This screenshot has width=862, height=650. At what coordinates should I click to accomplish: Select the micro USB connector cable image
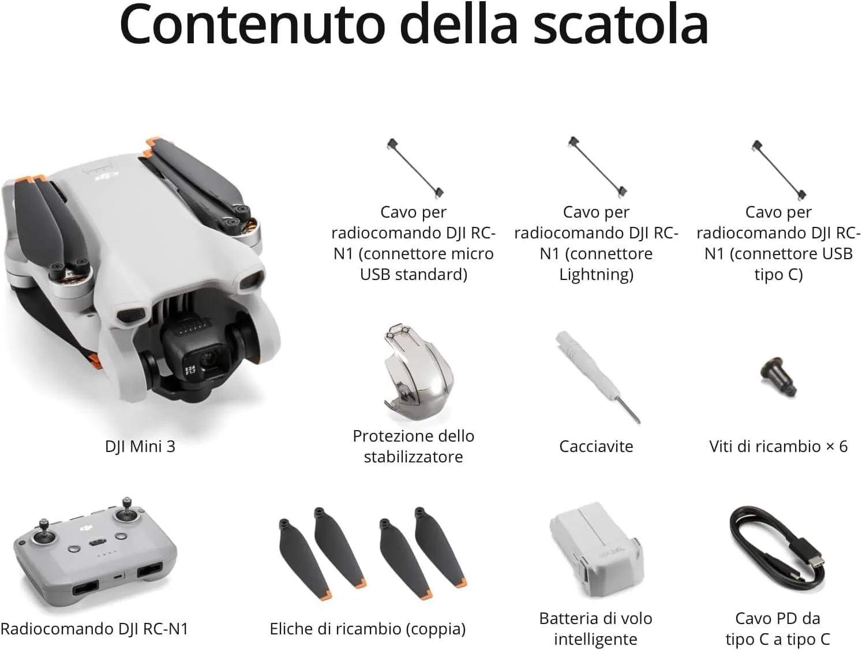pos(415,168)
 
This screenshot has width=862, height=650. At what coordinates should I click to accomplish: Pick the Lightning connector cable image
pos(597,167)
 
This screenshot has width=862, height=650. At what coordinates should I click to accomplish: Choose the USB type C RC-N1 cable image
pos(778,169)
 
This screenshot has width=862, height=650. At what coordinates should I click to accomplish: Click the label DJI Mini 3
pos(140,446)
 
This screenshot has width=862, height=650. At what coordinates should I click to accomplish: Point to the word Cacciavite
pos(596,446)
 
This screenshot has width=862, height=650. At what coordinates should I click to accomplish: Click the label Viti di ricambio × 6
pos(778,446)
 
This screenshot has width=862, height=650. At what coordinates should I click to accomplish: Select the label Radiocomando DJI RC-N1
pos(95,629)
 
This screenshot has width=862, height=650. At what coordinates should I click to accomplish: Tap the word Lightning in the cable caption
pos(596,274)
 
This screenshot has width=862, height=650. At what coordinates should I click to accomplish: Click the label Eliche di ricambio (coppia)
pos(368,629)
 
